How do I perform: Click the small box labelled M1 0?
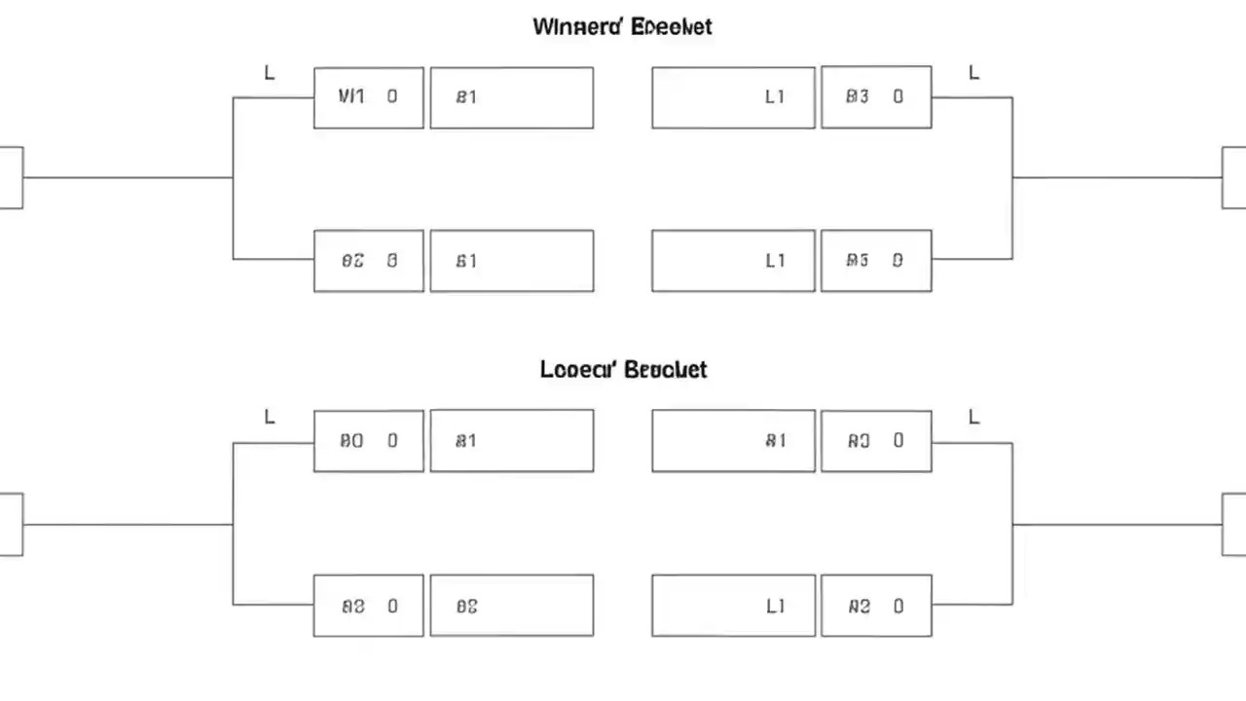(x=368, y=97)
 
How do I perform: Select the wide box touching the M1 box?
(x=511, y=97)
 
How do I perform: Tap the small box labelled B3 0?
(x=876, y=97)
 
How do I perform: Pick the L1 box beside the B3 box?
(x=733, y=97)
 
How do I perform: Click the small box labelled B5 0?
(x=876, y=261)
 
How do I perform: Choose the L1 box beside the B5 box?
(x=733, y=261)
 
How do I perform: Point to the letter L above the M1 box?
(x=270, y=73)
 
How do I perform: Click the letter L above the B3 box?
(x=973, y=73)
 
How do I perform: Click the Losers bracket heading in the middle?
(x=623, y=370)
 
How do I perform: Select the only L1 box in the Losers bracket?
(x=733, y=606)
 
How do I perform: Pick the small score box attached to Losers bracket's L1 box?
(x=876, y=606)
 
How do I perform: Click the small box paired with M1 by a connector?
(x=368, y=261)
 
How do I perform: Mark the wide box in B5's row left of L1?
(x=511, y=261)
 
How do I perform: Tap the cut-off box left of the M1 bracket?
(x=11, y=177)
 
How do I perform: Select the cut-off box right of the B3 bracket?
(x=1233, y=177)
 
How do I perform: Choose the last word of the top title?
(x=671, y=26)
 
